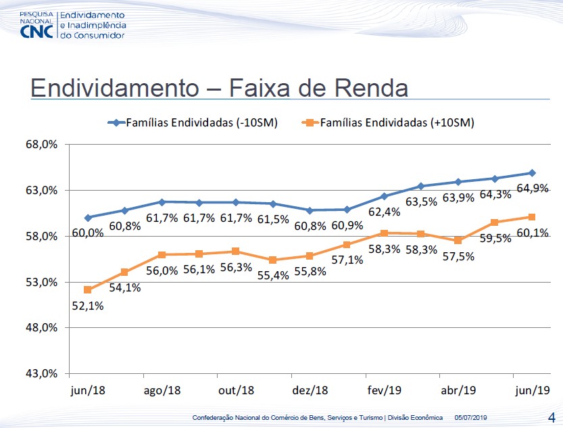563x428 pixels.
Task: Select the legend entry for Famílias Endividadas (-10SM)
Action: (193, 122)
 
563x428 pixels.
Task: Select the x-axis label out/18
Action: (236, 390)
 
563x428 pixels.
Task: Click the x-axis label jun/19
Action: (532, 390)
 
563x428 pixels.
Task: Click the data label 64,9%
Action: (532, 189)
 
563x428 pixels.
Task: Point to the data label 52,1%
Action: (87, 306)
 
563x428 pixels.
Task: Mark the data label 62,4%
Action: (384, 212)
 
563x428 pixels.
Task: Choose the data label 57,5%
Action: (458, 256)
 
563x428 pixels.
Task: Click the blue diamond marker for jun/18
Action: (88, 218)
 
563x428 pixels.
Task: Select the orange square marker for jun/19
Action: (532, 217)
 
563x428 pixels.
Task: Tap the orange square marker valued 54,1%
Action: (124, 272)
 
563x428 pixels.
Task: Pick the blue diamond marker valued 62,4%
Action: (384, 196)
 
